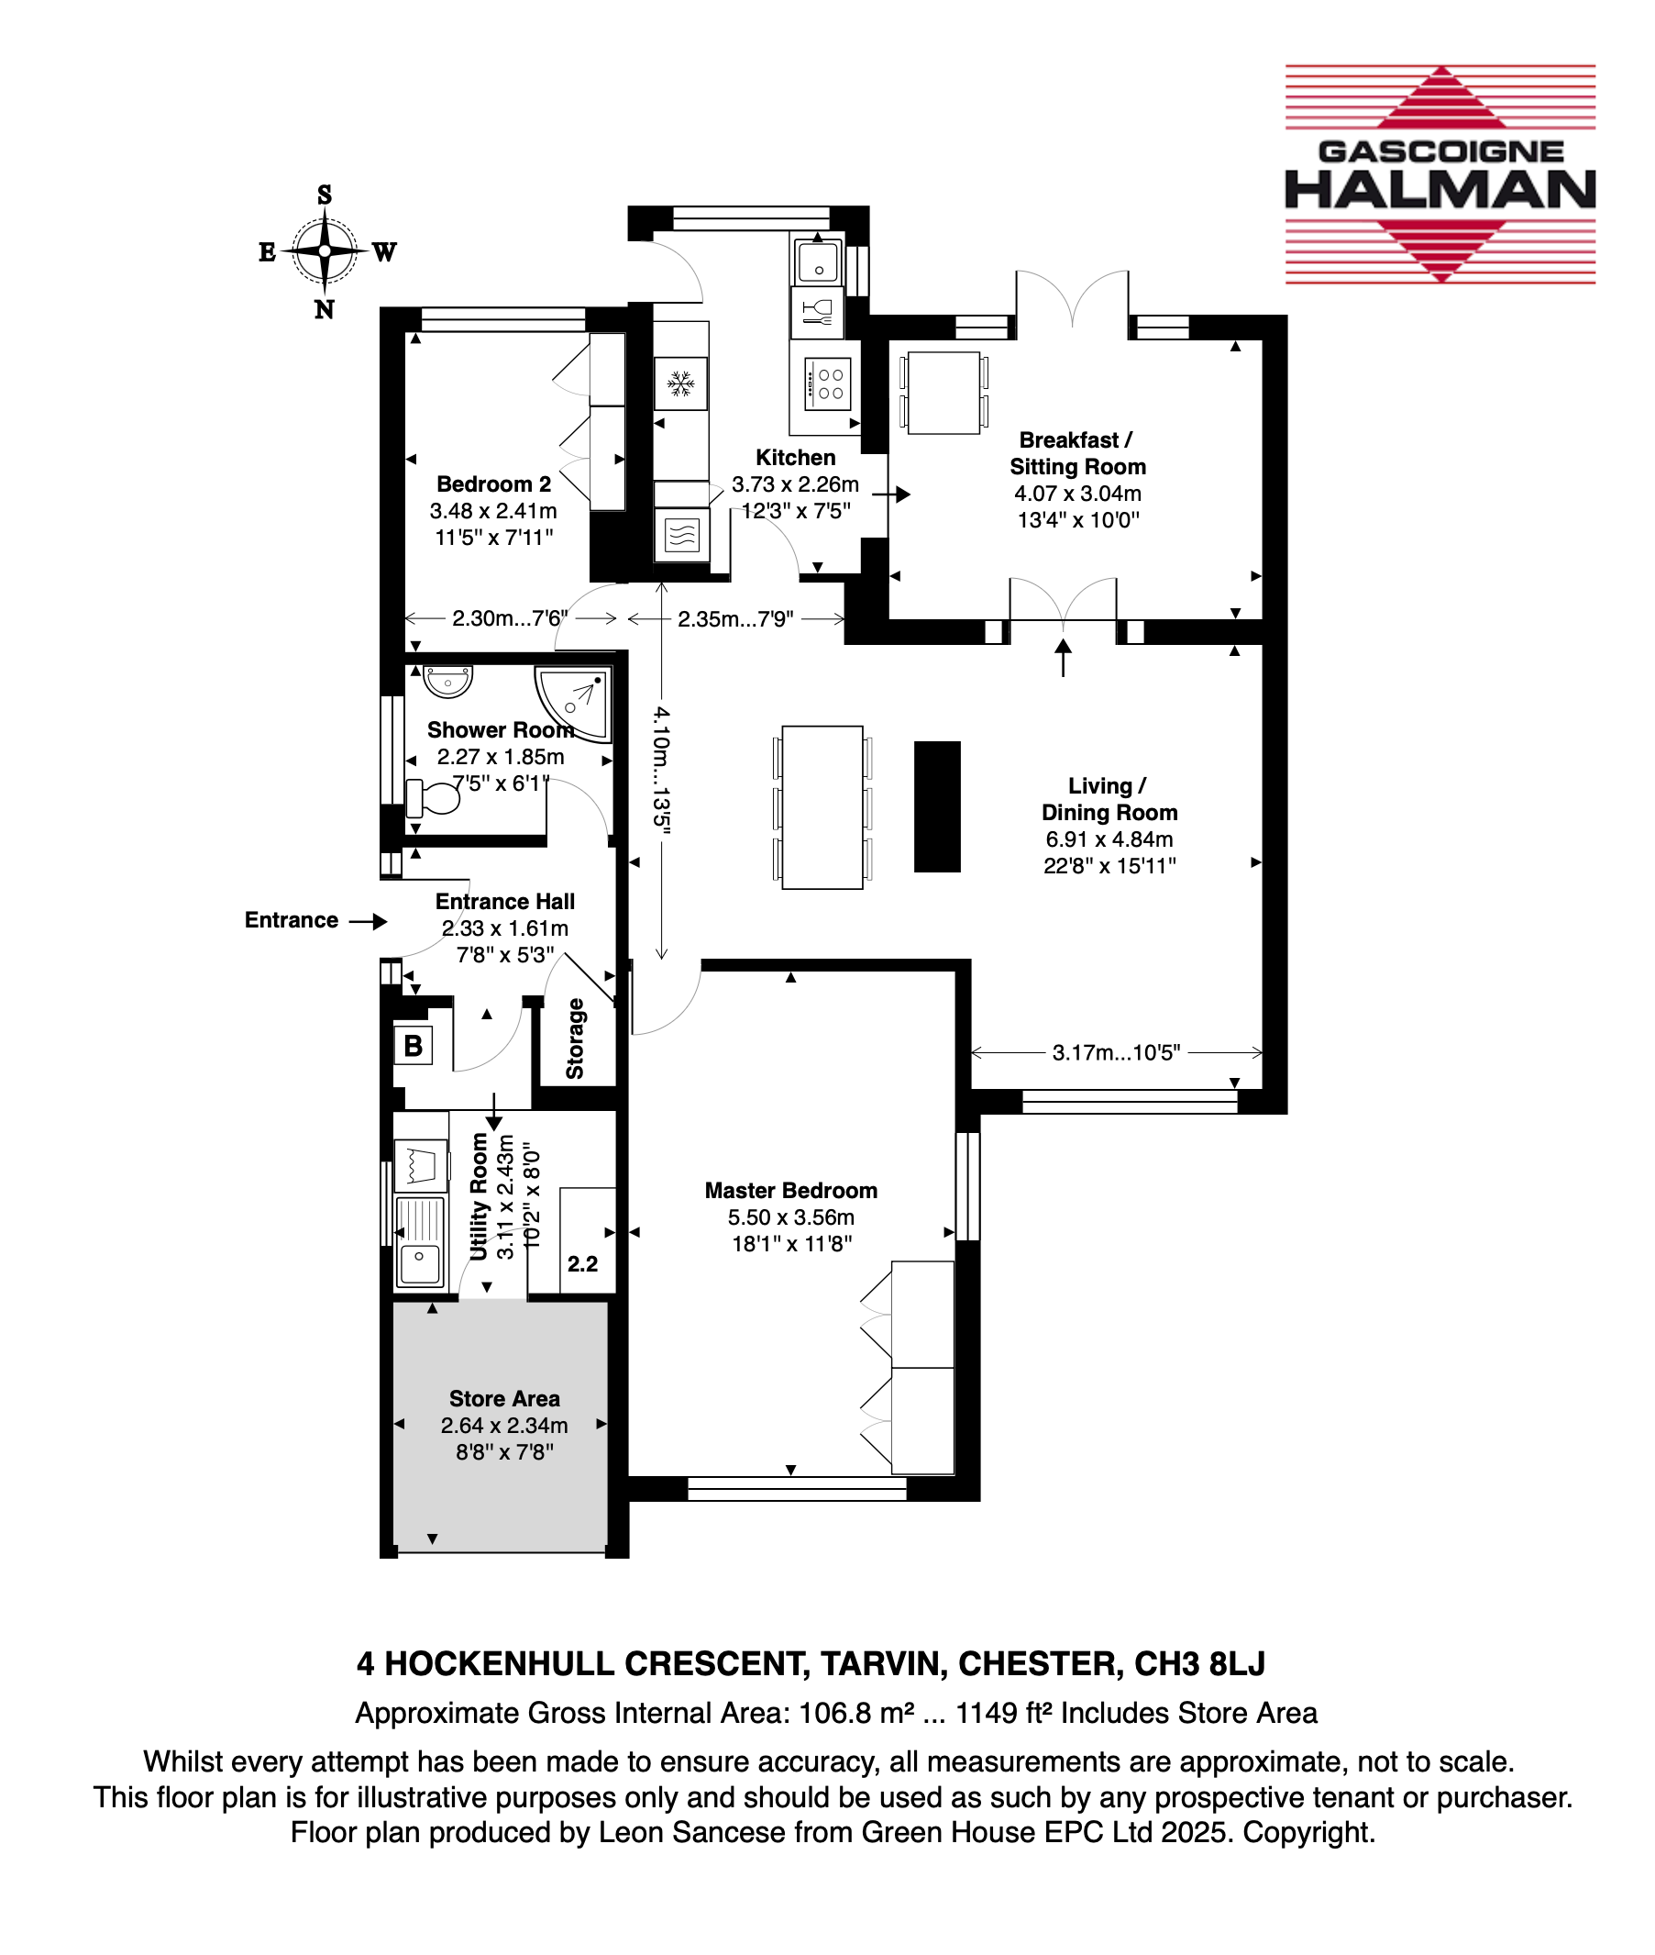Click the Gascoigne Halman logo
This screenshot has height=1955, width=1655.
1440,173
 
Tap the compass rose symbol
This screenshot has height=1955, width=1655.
325,251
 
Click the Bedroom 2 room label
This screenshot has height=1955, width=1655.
493,484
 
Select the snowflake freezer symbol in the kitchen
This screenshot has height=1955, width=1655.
680,383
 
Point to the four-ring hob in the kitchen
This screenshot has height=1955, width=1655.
827,384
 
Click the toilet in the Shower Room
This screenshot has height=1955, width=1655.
433,798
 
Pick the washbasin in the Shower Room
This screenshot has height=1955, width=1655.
447,681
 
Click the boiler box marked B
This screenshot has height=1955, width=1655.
413,1046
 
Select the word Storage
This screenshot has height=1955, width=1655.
575,1039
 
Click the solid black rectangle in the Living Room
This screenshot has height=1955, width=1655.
937,807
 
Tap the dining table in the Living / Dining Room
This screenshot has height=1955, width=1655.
822,807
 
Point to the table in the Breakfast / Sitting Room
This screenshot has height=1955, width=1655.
943,393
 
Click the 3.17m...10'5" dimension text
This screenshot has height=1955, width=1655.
1117,1053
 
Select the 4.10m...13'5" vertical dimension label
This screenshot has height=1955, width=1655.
662,770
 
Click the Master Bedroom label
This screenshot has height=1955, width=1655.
791,1191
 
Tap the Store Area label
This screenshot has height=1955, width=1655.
505,1399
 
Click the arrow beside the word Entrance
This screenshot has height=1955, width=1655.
368,922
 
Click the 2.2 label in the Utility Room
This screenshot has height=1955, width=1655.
582,1264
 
